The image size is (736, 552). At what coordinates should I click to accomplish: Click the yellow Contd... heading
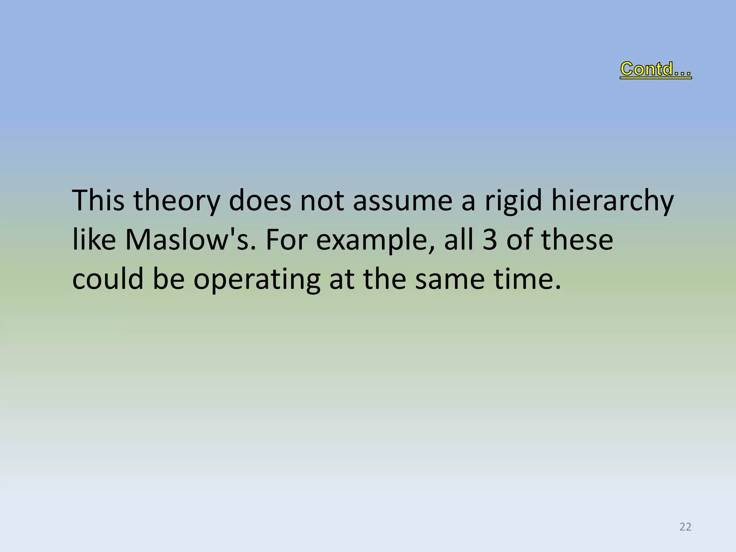[655, 69]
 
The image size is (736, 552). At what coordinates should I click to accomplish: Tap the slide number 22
[685, 527]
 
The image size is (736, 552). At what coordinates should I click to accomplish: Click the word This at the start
[98, 201]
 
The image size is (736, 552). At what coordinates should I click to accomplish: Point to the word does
[259, 201]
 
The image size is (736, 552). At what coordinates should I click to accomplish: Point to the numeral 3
[490, 240]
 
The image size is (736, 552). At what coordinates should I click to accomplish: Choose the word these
[577, 240]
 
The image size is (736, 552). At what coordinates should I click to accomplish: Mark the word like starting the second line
[94, 240]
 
